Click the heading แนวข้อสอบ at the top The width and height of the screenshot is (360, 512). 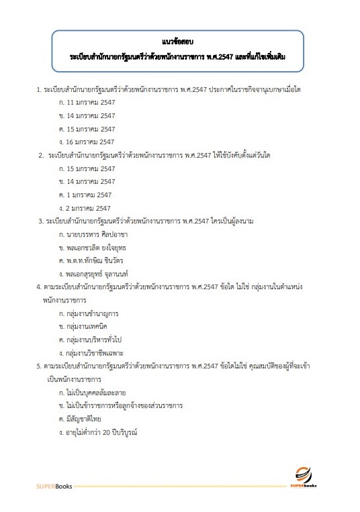(179, 42)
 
